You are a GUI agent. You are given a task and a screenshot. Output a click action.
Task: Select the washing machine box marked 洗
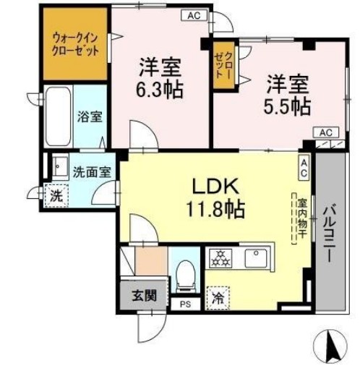(x=54, y=195)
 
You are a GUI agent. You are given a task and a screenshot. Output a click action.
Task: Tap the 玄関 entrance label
(x=142, y=295)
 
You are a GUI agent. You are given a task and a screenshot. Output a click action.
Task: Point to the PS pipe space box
(x=185, y=304)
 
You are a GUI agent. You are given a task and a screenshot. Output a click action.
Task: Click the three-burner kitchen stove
(x=219, y=258)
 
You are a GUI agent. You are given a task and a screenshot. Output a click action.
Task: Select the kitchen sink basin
(x=256, y=257)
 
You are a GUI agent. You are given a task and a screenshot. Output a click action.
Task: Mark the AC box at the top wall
(x=194, y=14)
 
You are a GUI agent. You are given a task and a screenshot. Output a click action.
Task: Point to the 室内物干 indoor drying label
(x=296, y=217)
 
